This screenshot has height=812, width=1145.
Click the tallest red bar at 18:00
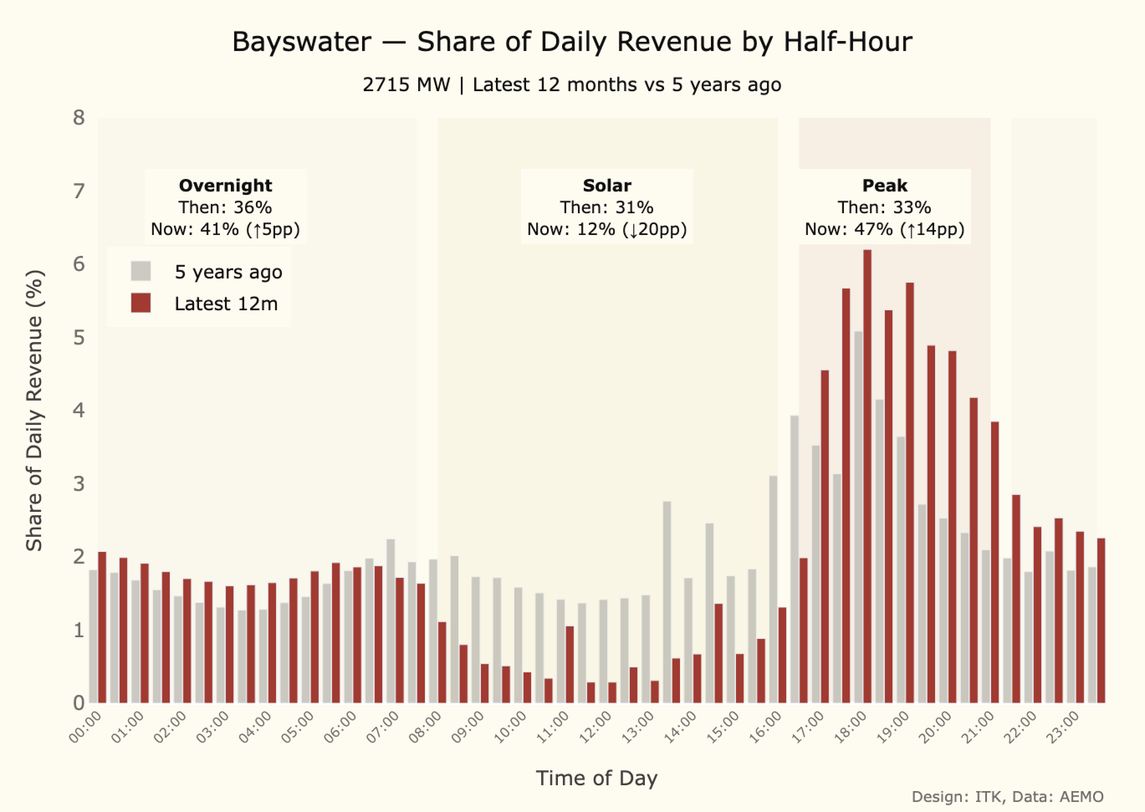(x=867, y=475)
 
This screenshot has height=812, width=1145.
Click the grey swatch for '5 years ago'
(x=141, y=271)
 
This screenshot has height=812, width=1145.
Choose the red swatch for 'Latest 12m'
(x=141, y=303)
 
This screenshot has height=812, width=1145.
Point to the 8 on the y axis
(x=79, y=118)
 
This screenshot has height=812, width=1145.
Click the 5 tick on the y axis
(x=79, y=338)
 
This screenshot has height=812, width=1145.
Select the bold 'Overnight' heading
(x=225, y=186)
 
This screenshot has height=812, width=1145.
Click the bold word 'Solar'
(x=607, y=186)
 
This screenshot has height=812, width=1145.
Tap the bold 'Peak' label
(x=884, y=186)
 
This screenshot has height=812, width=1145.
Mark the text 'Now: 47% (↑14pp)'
(x=884, y=229)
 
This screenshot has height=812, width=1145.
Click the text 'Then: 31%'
(x=607, y=207)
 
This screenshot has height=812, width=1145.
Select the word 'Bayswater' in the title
(x=302, y=41)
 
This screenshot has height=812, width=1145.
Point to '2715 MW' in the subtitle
(x=406, y=85)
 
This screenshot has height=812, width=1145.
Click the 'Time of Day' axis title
(x=596, y=778)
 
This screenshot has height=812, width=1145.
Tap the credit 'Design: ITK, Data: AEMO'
(x=1007, y=797)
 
